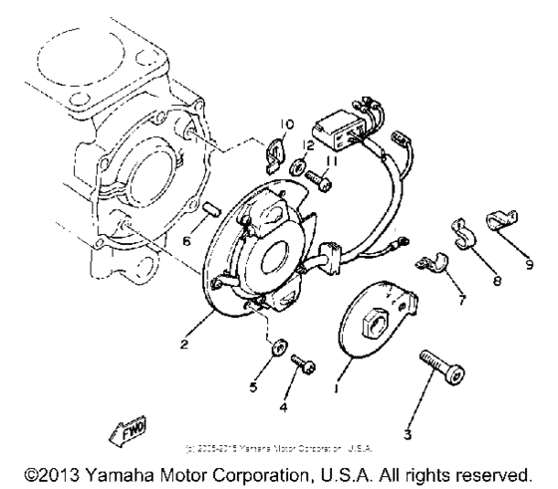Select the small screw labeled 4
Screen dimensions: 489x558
point(307,367)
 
